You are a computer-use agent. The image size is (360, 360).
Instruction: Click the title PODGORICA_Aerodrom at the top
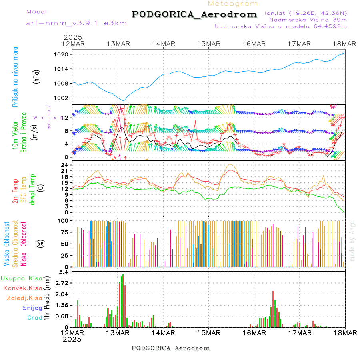click(194, 14)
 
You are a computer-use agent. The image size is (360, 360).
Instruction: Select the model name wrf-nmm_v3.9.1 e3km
click(76, 23)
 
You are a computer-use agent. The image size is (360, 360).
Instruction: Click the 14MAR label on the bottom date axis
click(163, 333)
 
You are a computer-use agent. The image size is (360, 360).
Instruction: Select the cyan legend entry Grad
click(35, 318)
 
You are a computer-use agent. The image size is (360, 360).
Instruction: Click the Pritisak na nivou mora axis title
click(15, 76)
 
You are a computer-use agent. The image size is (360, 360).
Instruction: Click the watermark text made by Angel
click(352, 240)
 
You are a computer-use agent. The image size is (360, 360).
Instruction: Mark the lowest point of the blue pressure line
click(124, 100)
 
